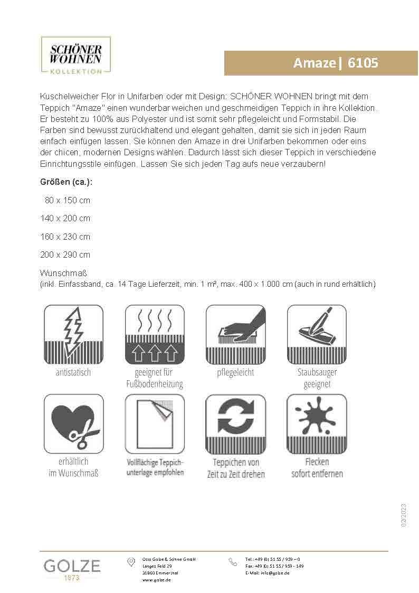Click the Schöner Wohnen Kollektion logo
point(75,55)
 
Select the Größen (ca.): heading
point(66,182)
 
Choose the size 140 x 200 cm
point(65,218)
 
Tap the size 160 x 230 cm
point(65,237)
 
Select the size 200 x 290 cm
point(65,255)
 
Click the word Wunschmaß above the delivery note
point(63,274)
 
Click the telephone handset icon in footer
point(233,562)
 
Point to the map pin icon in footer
point(131,562)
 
